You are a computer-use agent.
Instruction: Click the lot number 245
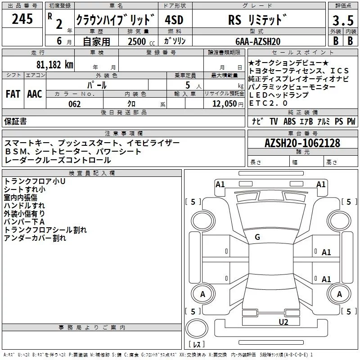[22, 19]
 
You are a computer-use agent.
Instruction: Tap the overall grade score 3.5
[342, 21]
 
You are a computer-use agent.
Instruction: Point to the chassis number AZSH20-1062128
[302, 144]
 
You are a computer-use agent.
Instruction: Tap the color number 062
[74, 104]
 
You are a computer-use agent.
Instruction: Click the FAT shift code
[13, 94]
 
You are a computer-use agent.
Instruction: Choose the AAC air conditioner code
[34, 94]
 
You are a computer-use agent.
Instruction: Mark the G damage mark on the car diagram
[257, 237]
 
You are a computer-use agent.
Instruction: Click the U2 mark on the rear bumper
[283, 322]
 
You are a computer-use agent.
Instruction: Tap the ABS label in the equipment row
[289, 121]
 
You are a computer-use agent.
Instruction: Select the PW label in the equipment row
[351, 121]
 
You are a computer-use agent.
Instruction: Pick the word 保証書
[15, 121]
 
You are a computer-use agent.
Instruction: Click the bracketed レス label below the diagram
[197, 345]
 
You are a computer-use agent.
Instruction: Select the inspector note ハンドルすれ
[21, 206]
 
